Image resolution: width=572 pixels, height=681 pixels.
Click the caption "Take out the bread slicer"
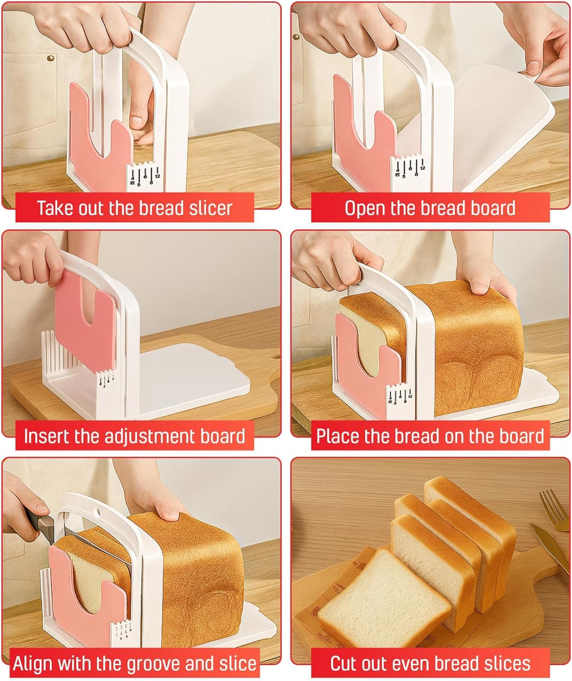[x=134, y=208]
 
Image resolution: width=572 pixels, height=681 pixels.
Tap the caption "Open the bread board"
[x=430, y=208]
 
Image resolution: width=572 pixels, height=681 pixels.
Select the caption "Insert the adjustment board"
[x=134, y=436]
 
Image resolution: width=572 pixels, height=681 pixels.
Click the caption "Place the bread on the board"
[x=430, y=436]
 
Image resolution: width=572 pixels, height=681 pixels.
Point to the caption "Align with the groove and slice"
[x=135, y=663]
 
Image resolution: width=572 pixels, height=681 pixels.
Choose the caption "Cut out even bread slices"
[x=430, y=663]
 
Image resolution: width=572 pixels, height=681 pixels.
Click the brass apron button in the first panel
[x=50, y=59]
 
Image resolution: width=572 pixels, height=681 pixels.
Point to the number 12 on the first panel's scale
[x=158, y=176]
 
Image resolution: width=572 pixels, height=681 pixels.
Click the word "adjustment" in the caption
[x=150, y=436]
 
